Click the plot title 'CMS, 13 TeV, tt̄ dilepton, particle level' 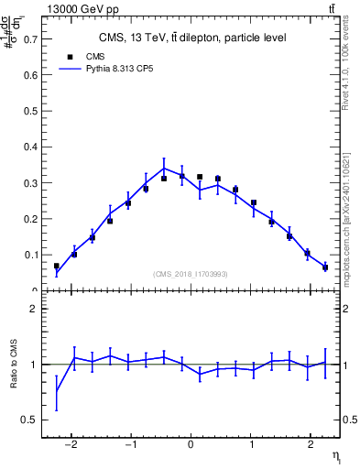coord(192,38)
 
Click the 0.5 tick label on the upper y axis coord(31,112)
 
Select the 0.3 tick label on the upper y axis coord(31,183)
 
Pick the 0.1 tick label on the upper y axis coord(31,255)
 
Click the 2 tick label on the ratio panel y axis coord(34,309)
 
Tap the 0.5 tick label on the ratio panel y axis coord(31,420)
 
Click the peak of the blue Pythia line coord(163,168)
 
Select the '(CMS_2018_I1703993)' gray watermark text coord(191,274)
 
